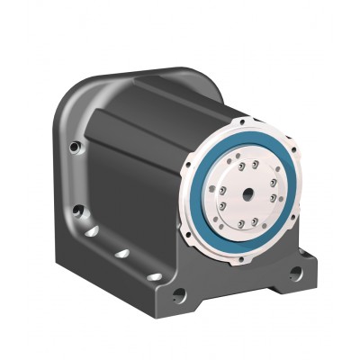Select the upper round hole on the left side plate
point(76,148)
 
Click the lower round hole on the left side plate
point(79,212)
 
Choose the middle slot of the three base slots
point(121,255)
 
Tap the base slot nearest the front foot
point(153,275)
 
